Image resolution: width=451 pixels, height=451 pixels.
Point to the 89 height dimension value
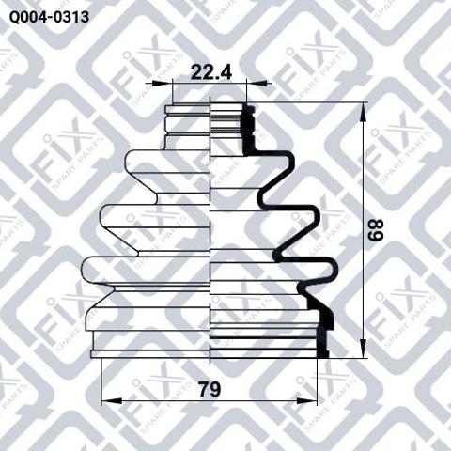376,230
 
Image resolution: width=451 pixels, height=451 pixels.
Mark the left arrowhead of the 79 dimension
105,400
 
